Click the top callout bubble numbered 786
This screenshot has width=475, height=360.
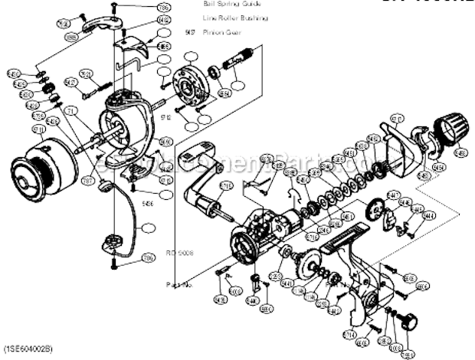pyautogui.click(x=163, y=9)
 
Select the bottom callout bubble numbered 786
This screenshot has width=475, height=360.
pyautogui.click(x=148, y=258)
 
